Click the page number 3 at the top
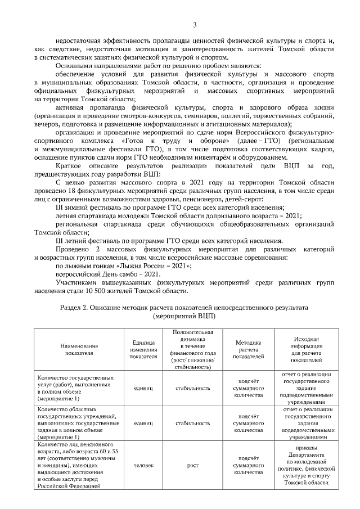(x=195, y=24)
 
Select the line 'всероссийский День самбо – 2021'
(x=105, y=274)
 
